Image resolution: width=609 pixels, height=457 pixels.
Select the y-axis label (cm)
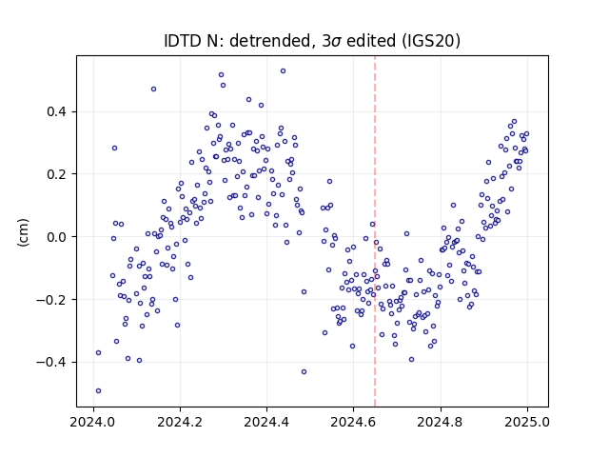click(x=23, y=232)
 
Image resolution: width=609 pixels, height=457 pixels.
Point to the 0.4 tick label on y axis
click(x=57, y=112)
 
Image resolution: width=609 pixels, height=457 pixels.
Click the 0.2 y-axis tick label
click(x=57, y=174)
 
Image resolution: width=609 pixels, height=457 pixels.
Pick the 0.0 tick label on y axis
click(x=57, y=237)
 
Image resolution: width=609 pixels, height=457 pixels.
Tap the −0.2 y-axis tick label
click(x=51, y=300)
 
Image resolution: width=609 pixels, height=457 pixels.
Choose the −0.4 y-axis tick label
click(x=51, y=362)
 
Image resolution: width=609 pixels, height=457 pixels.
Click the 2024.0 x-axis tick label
click(x=93, y=422)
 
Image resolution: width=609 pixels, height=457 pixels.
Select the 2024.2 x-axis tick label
click(x=180, y=422)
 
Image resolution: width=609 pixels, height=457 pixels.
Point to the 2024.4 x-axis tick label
click(x=266, y=422)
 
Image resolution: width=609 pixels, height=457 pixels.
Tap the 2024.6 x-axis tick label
click(x=353, y=422)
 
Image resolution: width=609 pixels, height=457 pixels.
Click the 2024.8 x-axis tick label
click(x=440, y=422)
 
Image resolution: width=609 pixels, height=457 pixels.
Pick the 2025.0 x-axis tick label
click(x=527, y=422)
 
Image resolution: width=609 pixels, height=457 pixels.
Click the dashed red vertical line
click(x=375, y=231)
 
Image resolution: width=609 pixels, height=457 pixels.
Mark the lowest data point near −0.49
click(x=98, y=390)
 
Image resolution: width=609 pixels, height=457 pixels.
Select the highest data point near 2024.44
click(x=284, y=70)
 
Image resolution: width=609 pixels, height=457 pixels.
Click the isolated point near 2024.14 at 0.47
click(x=153, y=89)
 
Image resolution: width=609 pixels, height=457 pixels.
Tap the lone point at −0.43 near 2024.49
click(x=304, y=372)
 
